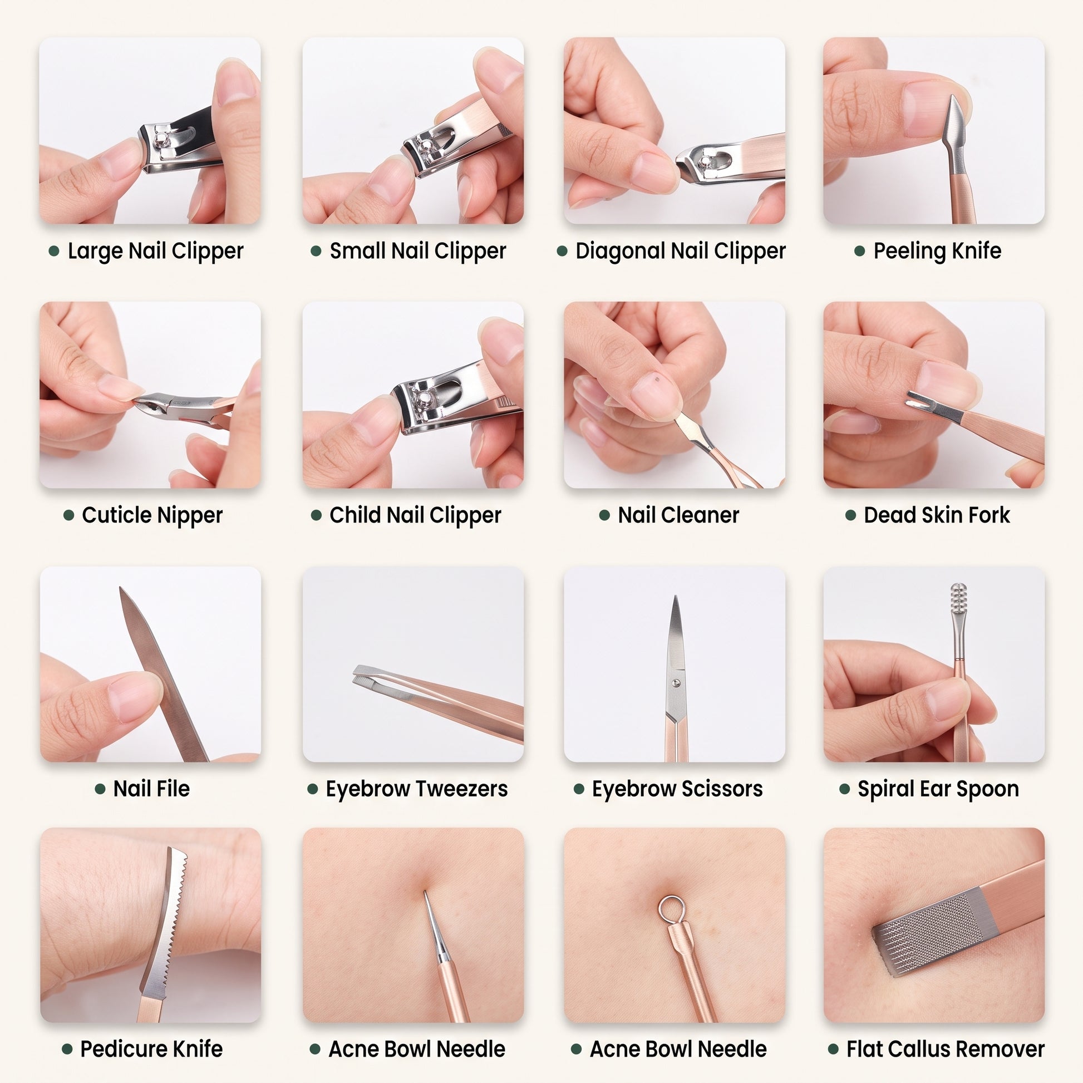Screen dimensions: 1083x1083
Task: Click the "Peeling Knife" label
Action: (937, 250)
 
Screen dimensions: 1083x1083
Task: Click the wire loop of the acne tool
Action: (671, 909)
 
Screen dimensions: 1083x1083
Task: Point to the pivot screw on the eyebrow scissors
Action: (675, 682)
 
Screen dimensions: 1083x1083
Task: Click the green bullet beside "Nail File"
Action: (100, 789)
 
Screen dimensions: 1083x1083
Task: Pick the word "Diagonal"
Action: (620, 251)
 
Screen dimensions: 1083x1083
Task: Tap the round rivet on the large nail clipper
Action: (163, 138)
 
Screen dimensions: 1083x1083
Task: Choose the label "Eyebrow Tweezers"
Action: (416, 789)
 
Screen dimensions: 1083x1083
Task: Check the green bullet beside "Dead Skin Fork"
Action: (850, 515)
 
